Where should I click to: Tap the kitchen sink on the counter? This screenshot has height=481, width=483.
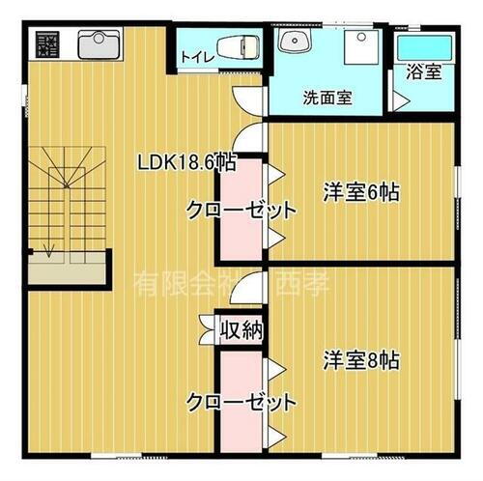pos(98,44)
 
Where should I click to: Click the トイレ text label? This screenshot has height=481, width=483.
pos(196,57)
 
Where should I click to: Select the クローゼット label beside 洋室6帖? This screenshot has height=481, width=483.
pos(240,210)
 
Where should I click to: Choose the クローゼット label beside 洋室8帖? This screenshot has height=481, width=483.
pos(241,400)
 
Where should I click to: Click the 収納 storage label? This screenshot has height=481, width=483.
pos(241,330)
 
